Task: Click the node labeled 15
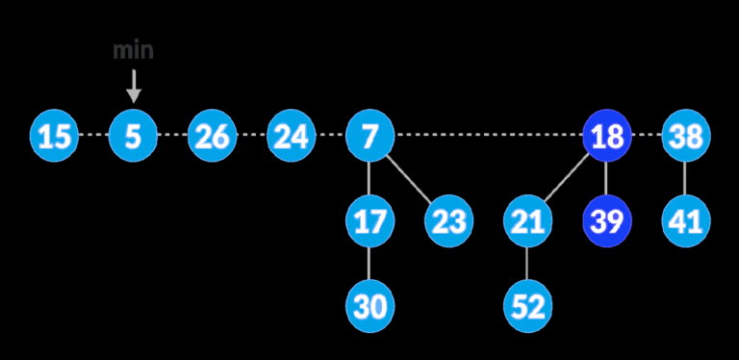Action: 55,137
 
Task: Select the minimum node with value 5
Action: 133,137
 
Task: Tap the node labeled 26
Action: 212,137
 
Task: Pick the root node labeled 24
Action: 291,137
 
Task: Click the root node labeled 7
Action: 369,137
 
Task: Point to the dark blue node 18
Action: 606,137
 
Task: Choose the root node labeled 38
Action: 685,137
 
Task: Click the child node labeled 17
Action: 369,221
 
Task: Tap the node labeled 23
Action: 448,221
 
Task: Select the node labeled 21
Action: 527,221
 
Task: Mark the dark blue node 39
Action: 606,221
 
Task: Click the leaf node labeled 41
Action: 685,221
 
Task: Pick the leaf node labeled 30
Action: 369,306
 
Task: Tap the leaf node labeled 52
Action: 527,306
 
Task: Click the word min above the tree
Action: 133,51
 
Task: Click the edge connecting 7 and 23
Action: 409,179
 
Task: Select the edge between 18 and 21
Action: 567,179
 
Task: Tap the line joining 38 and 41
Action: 685,179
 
